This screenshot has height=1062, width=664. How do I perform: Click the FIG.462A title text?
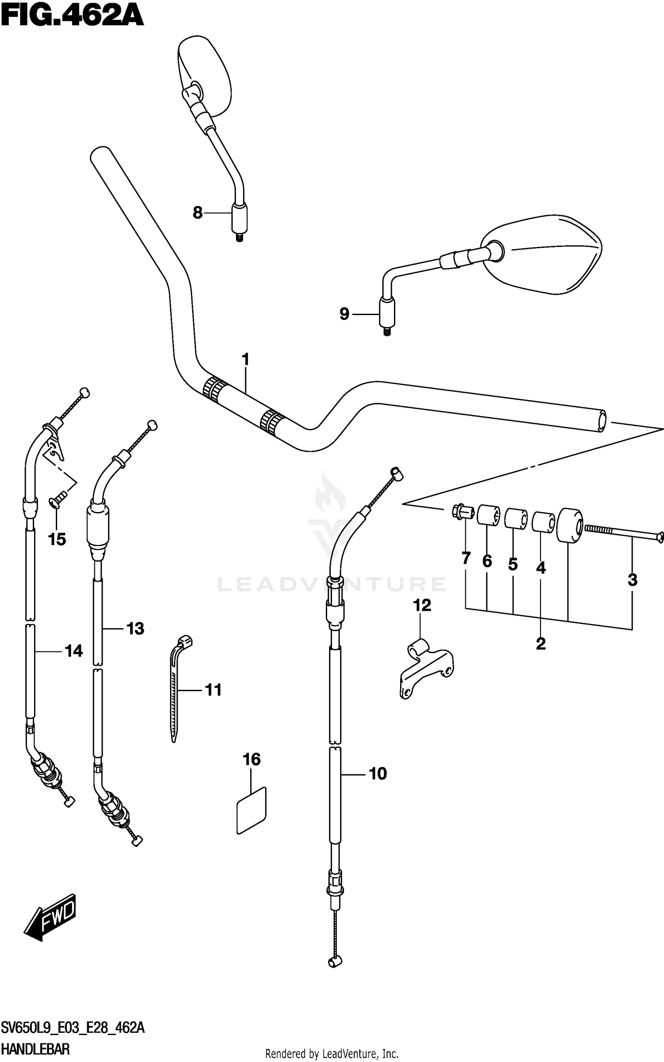click(72, 16)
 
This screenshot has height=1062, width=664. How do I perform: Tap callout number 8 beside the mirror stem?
click(197, 213)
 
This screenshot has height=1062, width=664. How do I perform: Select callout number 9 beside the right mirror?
click(344, 314)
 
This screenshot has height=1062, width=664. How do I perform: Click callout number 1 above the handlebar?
click(245, 359)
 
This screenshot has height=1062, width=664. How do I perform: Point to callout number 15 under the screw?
click(57, 539)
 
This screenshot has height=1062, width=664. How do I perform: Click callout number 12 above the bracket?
click(422, 605)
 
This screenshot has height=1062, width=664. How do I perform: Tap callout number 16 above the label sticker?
click(251, 759)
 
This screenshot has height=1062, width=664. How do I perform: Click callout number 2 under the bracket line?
click(540, 644)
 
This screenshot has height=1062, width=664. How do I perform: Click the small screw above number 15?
click(58, 498)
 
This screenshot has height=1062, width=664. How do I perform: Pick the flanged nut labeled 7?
click(462, 512)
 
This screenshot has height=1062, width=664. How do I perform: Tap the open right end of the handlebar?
click(601, 420)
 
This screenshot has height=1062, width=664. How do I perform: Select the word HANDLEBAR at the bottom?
click(35, 1049)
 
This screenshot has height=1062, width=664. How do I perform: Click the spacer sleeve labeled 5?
click(516, 519)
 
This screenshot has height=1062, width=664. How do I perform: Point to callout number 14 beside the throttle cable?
click(73, 651)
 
